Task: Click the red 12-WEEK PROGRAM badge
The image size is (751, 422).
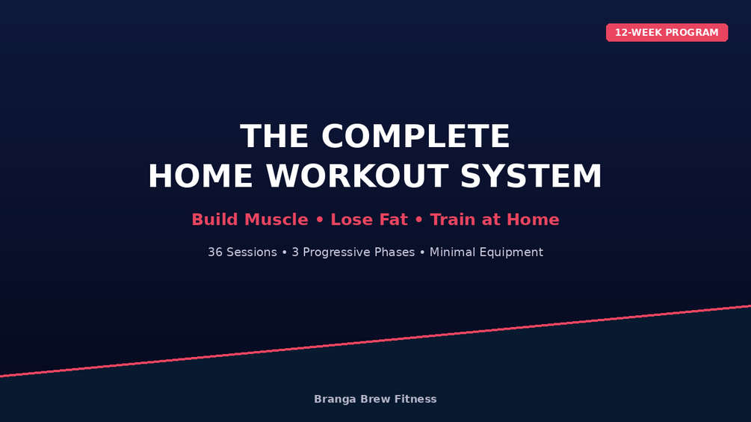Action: coord(667,33)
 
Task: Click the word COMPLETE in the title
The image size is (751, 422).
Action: coord(415,137)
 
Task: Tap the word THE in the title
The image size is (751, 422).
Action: coord(274,137)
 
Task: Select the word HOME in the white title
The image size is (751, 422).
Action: coord(200,176)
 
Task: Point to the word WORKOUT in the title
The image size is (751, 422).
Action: coord(357,176)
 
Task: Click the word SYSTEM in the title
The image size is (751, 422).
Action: coord(531,176)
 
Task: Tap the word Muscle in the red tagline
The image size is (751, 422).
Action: coord(276,220)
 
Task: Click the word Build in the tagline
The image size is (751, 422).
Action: coord(214,220)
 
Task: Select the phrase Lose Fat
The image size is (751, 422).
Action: coord(369,220)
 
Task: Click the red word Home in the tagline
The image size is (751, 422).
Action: coord(533,220)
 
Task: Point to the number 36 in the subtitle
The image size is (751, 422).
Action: coord(215,252)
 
